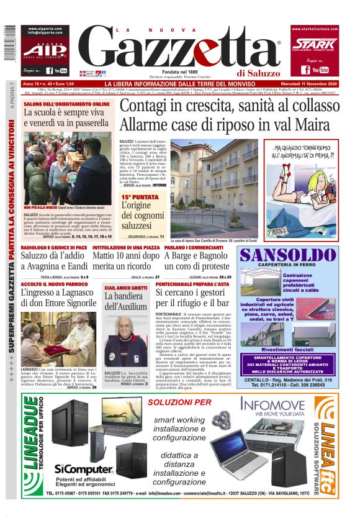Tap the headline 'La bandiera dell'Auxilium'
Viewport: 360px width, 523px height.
tap(125, 301)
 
